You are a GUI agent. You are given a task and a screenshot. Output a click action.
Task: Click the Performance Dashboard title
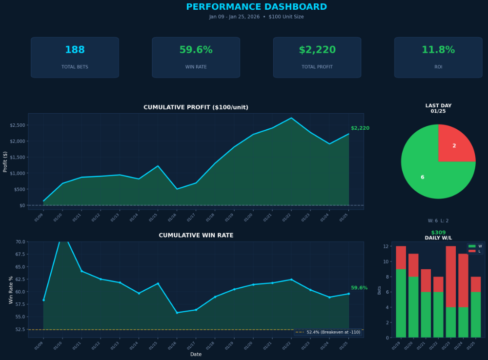pos(256,7)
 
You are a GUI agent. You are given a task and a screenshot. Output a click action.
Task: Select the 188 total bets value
pos(75,50)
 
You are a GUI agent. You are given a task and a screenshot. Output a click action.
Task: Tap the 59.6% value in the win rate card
pos(196,50)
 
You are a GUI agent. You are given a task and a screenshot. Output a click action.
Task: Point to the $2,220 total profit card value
pos(317,50)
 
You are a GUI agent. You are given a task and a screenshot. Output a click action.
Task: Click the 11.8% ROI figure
pos(438,50)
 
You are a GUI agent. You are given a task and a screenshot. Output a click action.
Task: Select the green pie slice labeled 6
pos(425,173)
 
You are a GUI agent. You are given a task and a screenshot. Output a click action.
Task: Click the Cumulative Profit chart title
pos(196,107)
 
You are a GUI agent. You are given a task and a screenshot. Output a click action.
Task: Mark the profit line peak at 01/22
pos(291,118)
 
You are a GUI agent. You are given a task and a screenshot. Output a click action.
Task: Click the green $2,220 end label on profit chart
pos(360,128)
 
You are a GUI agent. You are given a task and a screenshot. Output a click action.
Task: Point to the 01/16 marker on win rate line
pos(177,313)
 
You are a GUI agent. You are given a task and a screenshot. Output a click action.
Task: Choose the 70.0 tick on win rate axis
pos(20,241)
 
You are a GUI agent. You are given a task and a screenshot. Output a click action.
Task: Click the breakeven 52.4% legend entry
pos(328,332)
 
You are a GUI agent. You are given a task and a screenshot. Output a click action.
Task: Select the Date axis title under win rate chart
pos(196,354)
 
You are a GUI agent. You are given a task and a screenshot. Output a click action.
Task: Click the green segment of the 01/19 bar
pos(401,303)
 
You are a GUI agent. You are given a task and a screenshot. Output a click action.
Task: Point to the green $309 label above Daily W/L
pos(438,233)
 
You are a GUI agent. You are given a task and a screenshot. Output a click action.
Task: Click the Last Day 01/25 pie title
pos(438,108)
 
